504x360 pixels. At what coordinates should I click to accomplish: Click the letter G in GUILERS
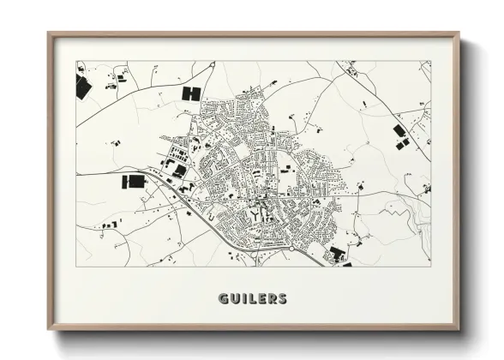225,299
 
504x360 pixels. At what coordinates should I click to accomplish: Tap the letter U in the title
236,299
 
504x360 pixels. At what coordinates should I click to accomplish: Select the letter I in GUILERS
244,299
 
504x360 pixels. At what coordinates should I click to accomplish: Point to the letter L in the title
252,299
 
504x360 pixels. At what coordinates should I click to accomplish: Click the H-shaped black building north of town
190,93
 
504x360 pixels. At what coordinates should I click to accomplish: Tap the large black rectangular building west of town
135,181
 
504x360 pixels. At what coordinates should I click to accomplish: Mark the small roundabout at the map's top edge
350,64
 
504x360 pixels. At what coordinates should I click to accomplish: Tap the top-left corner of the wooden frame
49,34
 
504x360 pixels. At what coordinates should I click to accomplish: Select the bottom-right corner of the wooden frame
459,329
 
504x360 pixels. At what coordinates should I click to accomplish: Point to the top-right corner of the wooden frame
459,34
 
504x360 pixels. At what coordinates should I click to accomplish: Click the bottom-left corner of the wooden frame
49,329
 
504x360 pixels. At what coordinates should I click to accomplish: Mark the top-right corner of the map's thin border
430,61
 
